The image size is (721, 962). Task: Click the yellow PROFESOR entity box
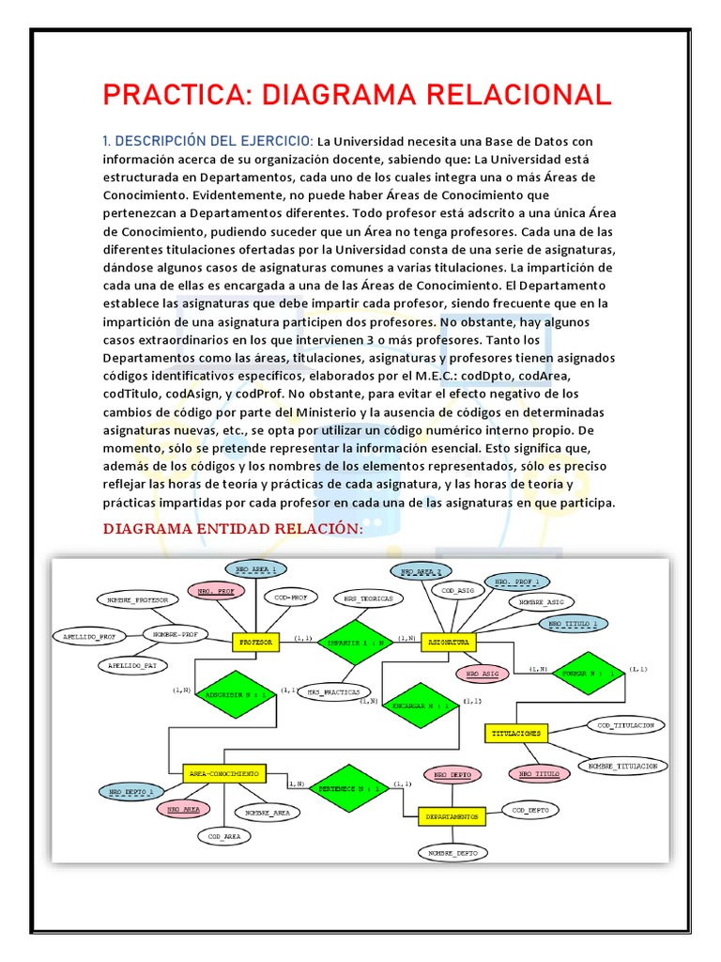tap(256, 643)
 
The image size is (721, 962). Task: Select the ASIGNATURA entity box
tap(448, 643)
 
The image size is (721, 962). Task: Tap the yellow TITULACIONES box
tap(515, 732)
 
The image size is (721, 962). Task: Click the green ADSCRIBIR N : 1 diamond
tap(235, 695)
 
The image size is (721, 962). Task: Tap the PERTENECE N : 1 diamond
tap(349, 789)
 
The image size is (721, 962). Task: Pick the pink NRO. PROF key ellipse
tap(215, 592)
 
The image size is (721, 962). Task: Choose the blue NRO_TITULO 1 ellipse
tap(573, 623)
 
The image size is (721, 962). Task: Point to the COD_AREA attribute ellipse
tap(225, 835)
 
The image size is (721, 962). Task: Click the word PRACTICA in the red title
tap(176, 95)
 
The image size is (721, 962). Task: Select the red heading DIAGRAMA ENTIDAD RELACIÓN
tap(232, 530)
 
